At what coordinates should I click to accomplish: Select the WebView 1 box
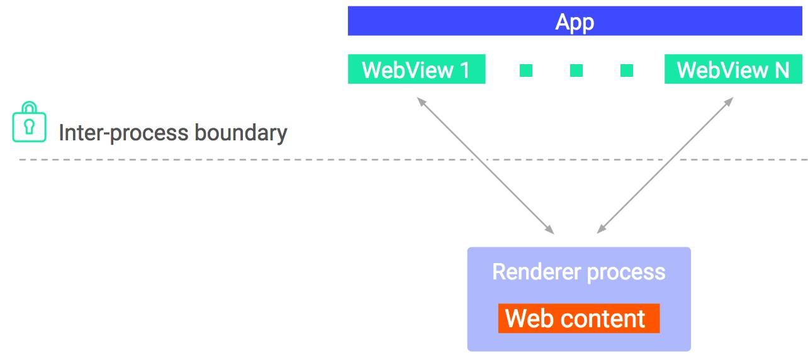(416, 69)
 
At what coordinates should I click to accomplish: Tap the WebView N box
(733, 69)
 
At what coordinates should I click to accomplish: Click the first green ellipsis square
(526, 70)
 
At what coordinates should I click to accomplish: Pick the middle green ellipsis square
(576, 70)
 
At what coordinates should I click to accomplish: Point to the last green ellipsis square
(626, 70)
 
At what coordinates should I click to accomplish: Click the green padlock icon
(30, 122)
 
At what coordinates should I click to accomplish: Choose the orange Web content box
(578, 318)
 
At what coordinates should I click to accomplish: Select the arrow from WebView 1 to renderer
(485, 166)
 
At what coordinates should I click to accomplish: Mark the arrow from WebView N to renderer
(665, 166)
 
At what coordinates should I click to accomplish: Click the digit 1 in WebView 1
(465, 70)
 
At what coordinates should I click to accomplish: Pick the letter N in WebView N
(781, 70)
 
